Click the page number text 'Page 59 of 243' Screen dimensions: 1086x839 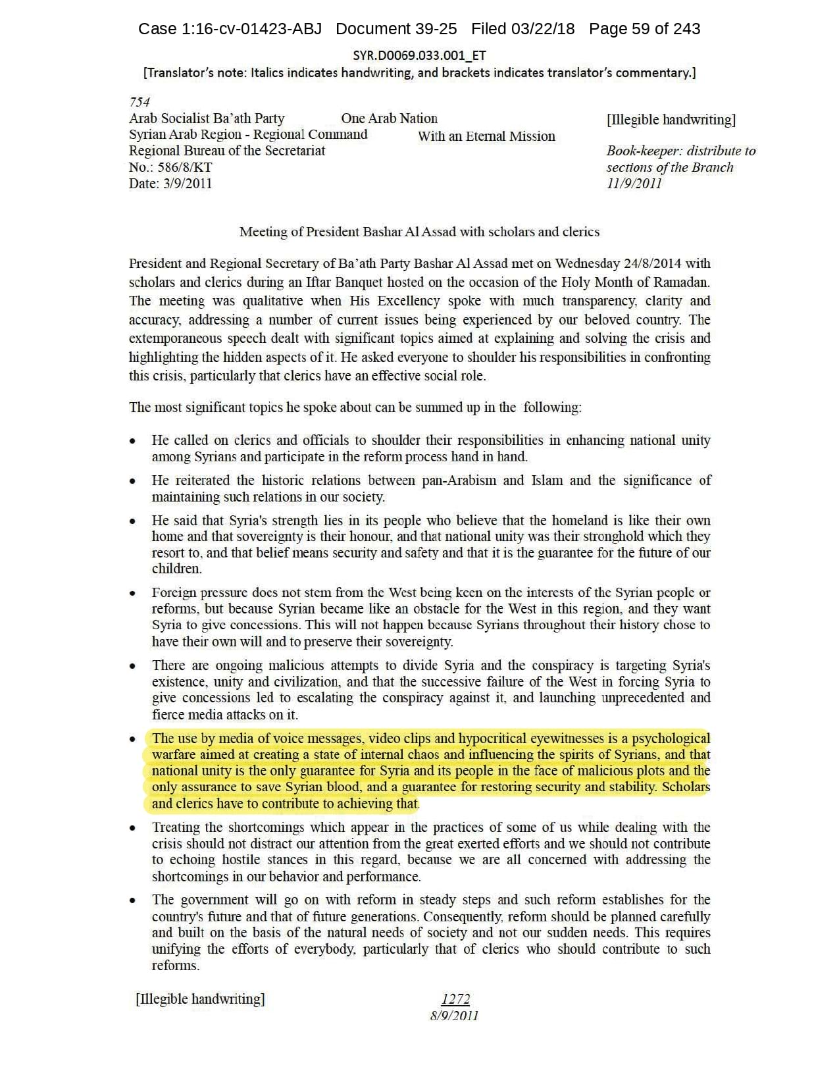click(644, 29)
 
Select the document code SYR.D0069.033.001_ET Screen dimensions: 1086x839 click(419, 55)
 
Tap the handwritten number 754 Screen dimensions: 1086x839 click(140, 102)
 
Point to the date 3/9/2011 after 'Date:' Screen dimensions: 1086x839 click(188, 184)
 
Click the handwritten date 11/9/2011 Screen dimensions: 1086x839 click(634, 184)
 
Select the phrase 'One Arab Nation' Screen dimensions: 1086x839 click(389, 118)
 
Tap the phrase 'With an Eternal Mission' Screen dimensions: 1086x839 click(486, 136)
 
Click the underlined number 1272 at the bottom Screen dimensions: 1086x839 click(455, 999)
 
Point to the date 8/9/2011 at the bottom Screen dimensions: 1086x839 click(454, 1016)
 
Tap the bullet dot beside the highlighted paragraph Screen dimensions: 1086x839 click(134, 740)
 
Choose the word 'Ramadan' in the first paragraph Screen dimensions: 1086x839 click(686, 282)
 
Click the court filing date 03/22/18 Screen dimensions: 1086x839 click(546, 29)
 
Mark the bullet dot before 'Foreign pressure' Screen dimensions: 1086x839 click(134, 594)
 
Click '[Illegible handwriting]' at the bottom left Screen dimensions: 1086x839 click(200, 999)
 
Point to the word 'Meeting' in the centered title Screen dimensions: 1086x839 click(263, 232)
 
